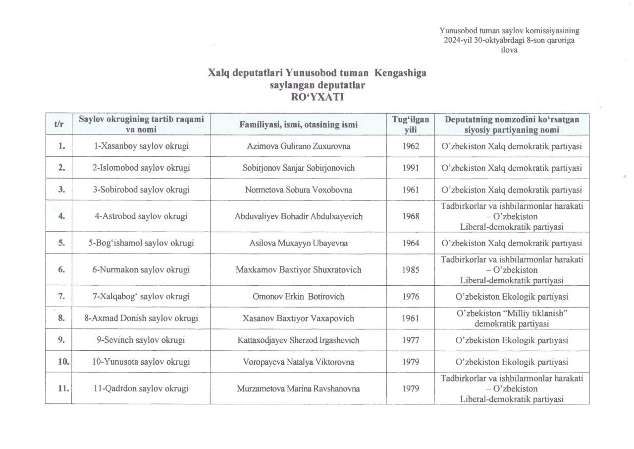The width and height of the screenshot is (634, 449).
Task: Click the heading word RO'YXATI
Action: coord(317,97)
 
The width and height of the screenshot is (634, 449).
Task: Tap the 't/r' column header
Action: coord(58,125)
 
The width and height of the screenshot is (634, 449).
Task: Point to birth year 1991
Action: coord(411,168)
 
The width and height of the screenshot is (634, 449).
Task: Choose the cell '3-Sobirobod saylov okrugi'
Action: coord(141,190)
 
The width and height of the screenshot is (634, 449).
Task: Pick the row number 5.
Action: coord(61,243)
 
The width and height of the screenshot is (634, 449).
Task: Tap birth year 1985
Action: coord(411,270)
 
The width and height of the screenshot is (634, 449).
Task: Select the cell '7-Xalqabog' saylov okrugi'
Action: coord(141,297)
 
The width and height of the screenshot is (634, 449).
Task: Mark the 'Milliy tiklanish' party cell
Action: coord(512,319)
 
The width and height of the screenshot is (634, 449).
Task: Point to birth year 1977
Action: coord(411,340)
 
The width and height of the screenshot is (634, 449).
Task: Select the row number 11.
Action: coord(62,389)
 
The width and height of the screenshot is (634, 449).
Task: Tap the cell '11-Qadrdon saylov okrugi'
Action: coord(141,389)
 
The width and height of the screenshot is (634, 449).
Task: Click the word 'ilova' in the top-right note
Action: coord(510,50)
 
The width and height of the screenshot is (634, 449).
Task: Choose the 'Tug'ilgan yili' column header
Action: coord(411,125)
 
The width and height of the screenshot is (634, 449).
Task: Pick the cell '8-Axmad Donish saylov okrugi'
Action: coord(141,319)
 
